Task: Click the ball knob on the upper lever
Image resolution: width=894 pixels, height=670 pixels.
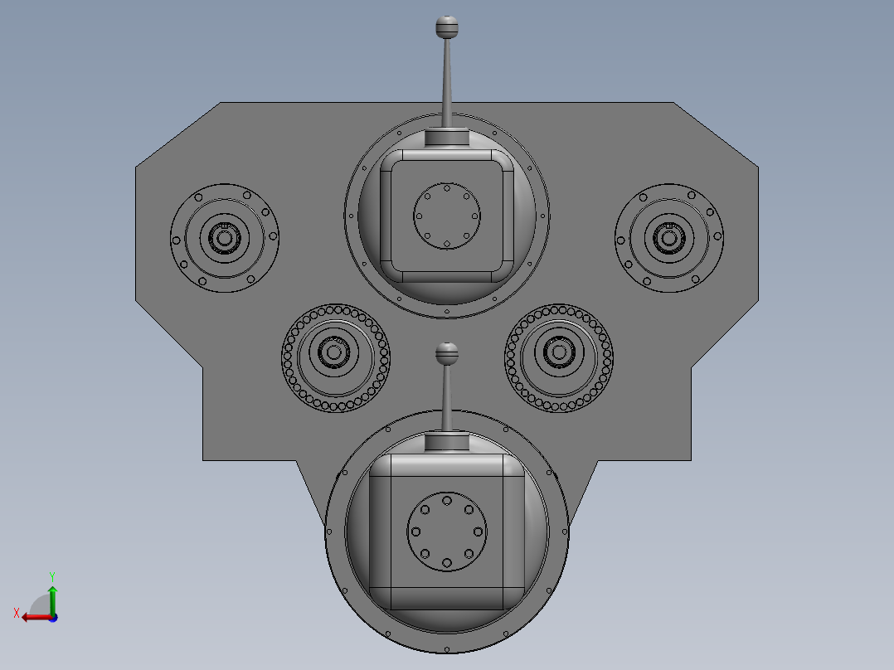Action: pos(447,27)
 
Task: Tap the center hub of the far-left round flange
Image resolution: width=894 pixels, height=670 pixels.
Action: pos(224,238)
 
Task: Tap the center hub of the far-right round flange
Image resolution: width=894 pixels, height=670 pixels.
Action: pos(668,238)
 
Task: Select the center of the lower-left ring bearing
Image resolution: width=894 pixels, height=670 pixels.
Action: pos(335,353)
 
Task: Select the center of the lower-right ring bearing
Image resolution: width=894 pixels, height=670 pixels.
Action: pos(558,353)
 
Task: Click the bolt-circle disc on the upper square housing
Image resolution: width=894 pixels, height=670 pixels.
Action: pos(447,216)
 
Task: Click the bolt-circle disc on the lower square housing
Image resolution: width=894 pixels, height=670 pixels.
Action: pos(447,532)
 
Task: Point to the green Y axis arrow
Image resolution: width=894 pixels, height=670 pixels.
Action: pos(51,595)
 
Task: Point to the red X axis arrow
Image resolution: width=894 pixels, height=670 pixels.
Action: pos(33,616)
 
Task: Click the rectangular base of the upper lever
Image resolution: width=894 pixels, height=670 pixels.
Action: pos(447,138)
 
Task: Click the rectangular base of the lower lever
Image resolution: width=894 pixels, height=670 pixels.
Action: pos(447,443)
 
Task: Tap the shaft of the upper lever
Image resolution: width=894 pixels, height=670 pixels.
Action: pos(447,83)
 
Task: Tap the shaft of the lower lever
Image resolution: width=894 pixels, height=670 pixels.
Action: pos(447,398)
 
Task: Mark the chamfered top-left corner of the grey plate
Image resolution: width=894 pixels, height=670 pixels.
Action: pos(177,135)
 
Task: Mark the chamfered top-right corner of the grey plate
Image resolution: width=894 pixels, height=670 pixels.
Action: pos(716,135)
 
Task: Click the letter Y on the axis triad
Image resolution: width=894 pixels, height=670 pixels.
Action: pos(51,575)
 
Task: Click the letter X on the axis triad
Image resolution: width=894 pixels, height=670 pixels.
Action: pos(17,613)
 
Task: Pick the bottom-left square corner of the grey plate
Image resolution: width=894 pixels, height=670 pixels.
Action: pos(205,459)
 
